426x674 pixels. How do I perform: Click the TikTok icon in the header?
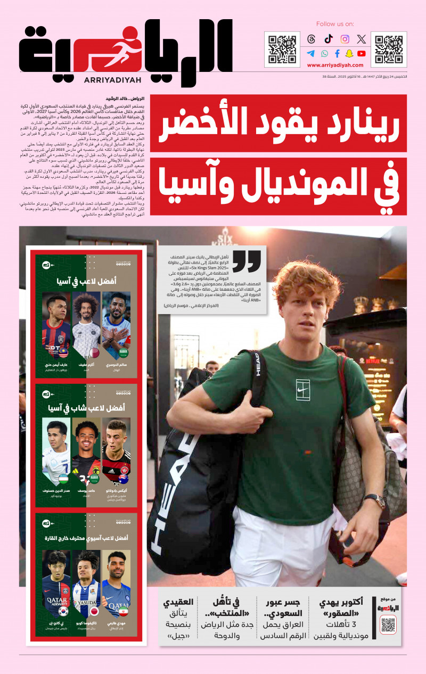pyautogui.click(x=328, y=39)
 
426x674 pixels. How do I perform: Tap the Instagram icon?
pyautogui.click(x=345, y=39)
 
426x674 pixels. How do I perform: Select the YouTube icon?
pyautogui.click(x=362, y=53)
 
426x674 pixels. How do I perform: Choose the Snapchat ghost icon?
pyautogui.click(x=349, y=53)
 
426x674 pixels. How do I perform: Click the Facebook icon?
pyautogui.click(x=337, y=53)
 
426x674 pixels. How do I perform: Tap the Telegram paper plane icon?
pyautogui.click(x=311, y=53)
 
